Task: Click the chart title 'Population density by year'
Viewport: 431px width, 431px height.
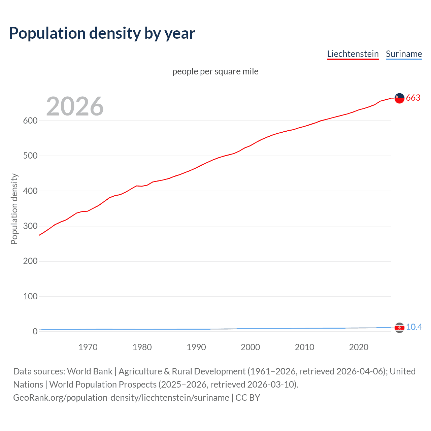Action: (102, 33)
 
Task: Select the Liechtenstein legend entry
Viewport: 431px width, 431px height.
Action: (353, 54)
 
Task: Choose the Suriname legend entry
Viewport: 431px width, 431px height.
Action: (404, 54)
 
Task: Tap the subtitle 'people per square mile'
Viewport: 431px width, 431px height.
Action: (215, 71)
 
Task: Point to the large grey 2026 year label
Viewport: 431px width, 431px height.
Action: (75, 106)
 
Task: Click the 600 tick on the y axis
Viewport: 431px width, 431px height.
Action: (30, 121)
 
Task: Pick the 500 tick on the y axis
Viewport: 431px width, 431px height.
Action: (30, 156)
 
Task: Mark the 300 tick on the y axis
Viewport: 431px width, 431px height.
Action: (30, 226)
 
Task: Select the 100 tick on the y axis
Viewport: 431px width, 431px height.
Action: (30, 296)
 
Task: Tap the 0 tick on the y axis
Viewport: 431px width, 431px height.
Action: (35, 332)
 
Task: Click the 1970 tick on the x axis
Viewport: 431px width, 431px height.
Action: (88, 347)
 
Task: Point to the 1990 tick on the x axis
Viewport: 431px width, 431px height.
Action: (196, 347)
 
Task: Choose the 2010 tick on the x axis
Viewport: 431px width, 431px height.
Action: (304, 347)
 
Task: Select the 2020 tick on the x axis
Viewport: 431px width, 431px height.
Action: (359, 347)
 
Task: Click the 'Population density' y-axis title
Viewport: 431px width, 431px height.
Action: (14, 209)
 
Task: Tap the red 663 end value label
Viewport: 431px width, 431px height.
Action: (413, 98)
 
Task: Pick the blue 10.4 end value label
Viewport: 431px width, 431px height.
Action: (414, 327)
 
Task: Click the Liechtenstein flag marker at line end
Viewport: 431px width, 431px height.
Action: (399, 98)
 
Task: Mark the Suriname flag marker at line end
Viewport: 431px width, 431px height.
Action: (399, 328)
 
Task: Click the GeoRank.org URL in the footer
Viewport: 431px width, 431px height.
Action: (121, 398)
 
